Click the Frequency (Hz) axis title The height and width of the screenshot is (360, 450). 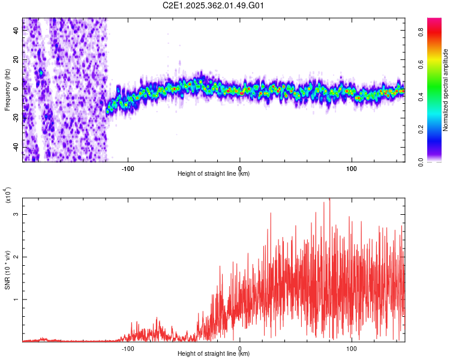(8, 89)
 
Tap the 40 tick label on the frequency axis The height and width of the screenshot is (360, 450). (16, 31)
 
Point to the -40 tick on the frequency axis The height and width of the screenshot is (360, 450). (15, 147)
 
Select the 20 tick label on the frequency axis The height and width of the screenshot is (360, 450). (16, 60)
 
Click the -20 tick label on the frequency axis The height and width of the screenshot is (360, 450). (15, 118)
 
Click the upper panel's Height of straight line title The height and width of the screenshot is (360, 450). (214, 173)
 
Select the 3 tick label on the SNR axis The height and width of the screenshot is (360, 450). (17, 214)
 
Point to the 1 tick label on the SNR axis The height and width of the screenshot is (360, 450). (17, 299)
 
